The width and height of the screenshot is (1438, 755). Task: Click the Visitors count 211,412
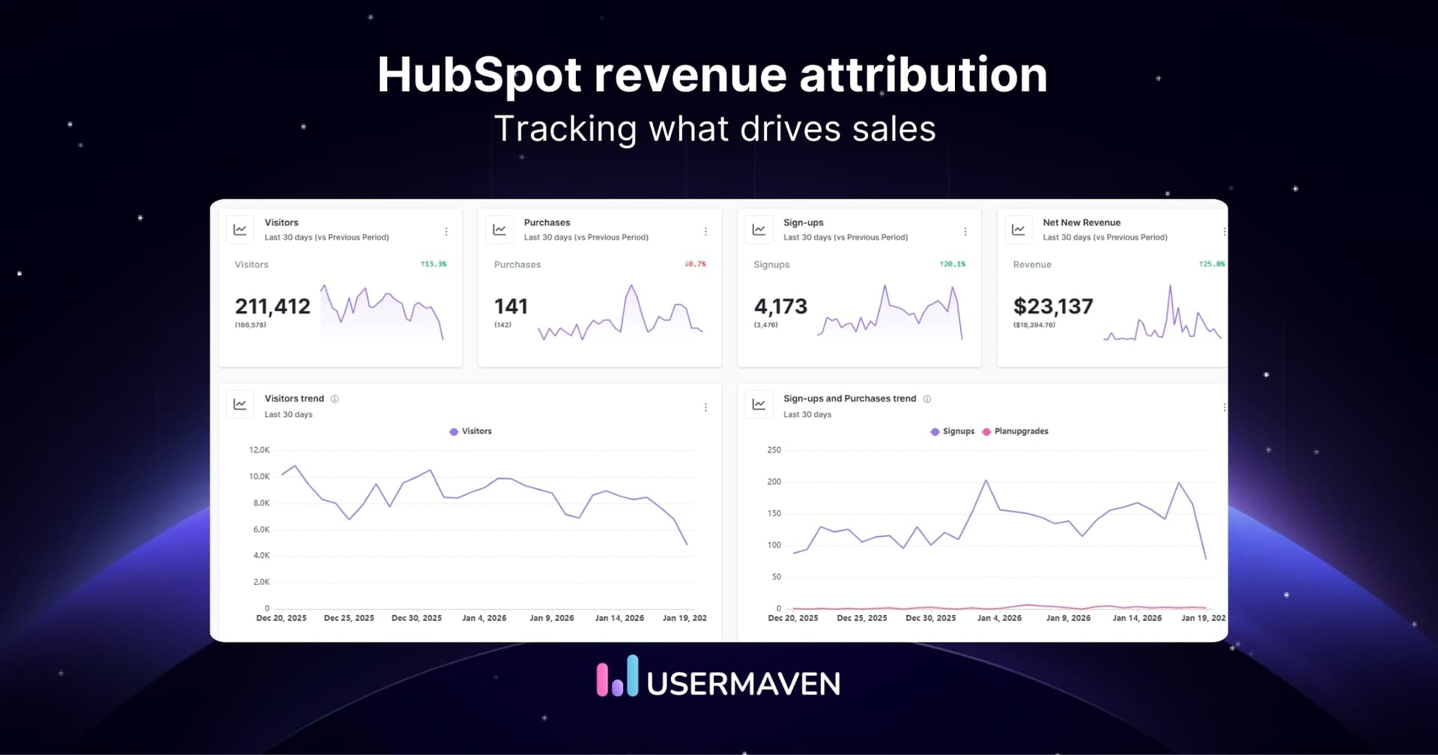pos(273,306)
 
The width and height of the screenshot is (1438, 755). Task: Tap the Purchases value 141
pos(511,306)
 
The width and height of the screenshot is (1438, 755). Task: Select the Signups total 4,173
pos(780,306)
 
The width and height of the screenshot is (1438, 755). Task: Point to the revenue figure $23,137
pos(1053,306)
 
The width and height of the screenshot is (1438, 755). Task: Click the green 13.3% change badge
pos(434,264)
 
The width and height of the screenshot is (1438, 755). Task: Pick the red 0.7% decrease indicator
pos(695,264)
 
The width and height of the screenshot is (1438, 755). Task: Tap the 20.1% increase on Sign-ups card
pos(953,264)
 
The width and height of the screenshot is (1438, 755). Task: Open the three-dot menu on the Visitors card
pos(446,231)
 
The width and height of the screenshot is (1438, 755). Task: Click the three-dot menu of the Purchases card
pos(706,231)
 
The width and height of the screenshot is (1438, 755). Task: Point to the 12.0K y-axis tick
pos(259,450)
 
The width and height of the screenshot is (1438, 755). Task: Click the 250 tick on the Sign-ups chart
pos(774,450)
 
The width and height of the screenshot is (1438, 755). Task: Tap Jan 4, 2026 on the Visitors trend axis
pos(484,618)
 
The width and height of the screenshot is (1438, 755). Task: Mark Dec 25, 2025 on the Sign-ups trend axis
pos(861,618)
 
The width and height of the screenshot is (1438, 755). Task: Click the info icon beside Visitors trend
pos(335,399)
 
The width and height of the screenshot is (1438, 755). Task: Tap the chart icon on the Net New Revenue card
pos(1019,230)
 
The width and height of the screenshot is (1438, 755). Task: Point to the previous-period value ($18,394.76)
pos(1034,325)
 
